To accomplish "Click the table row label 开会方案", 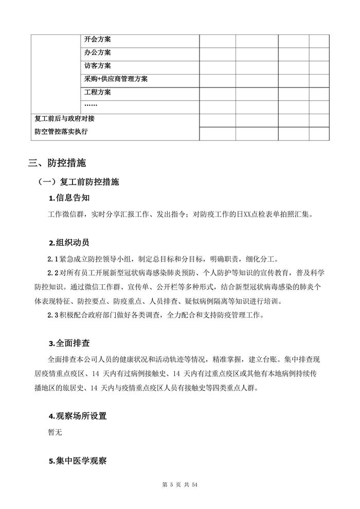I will click(98, 40).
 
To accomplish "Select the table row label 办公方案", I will click(98, 53).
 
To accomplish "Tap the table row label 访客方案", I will click(98, 66).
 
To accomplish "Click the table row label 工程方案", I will click(98, 93).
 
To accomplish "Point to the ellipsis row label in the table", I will click(91, 106).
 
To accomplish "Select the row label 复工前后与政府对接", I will click(64, 119).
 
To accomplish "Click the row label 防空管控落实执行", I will click(61, 132).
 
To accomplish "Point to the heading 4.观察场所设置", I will click(78, 416).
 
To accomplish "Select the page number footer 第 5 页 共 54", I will click(179, 485).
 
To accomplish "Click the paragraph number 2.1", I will click(53, 260).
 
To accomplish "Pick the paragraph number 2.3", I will click(53, 315).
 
